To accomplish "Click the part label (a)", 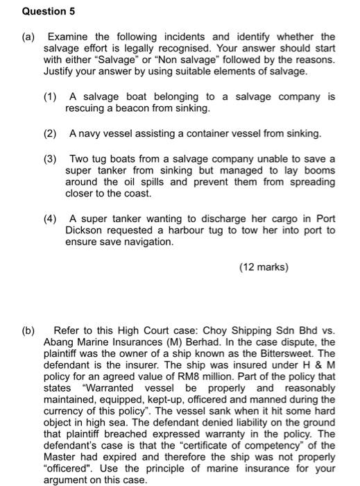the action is (29, 36).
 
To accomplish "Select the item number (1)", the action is (50, 97).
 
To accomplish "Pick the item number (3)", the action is (50, 158).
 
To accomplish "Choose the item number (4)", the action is (50, 219).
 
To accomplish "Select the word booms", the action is (320, 171).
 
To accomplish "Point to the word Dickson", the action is (83, 231).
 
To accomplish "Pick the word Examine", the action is (67, 36).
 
